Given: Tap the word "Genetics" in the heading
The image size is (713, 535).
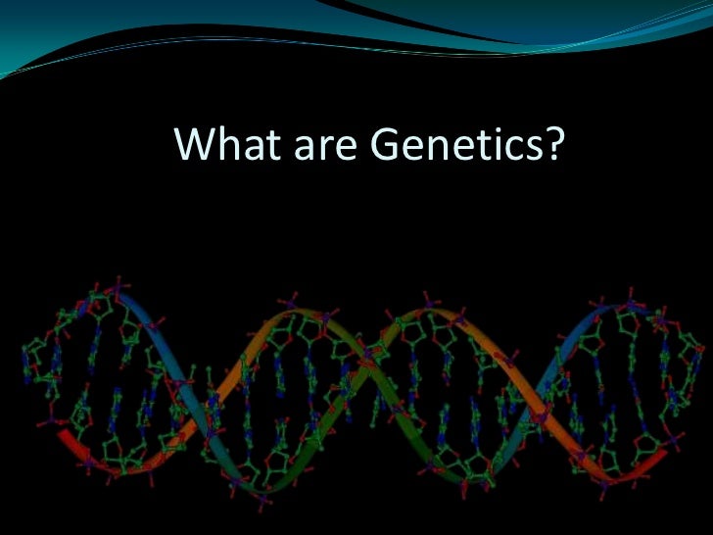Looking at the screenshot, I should [452, 146].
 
